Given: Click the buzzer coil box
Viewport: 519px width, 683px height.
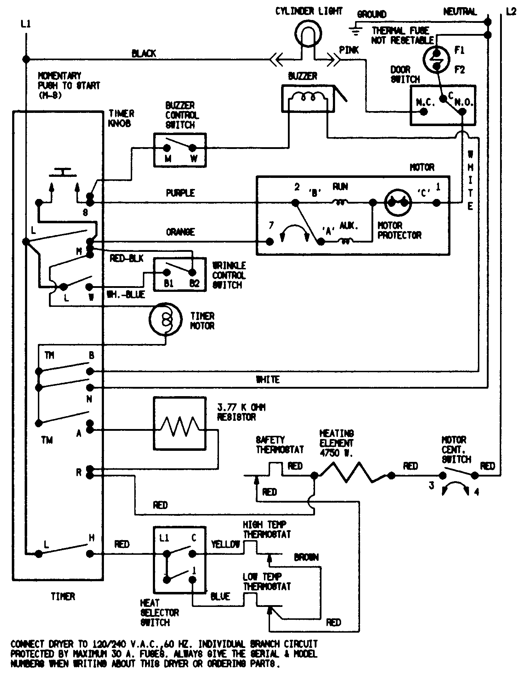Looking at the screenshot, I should pyautogui.click(x=308, y=99).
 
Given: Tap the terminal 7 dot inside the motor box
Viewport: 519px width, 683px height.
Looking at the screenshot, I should pyautogui.click(x=270, y=242).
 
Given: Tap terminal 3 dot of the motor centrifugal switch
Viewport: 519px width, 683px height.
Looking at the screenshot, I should pyautogui.click(x=442, y=475).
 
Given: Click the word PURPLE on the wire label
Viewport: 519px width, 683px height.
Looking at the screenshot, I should pyautogui.click(x=180, y=193).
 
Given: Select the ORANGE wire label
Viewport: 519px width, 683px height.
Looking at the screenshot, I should pyautogui.click(x=180, y=232).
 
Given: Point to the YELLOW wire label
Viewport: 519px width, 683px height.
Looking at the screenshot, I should pyautogui.click(x=225, y=544).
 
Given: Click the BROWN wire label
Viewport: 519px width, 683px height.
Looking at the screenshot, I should pyautogui.click(x=306, y=557).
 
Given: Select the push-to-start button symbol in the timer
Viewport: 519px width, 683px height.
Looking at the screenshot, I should pyautogui.click(x=63, y=173).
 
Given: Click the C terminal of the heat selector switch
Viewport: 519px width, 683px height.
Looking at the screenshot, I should pyautogui.click(x=193, y=554).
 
